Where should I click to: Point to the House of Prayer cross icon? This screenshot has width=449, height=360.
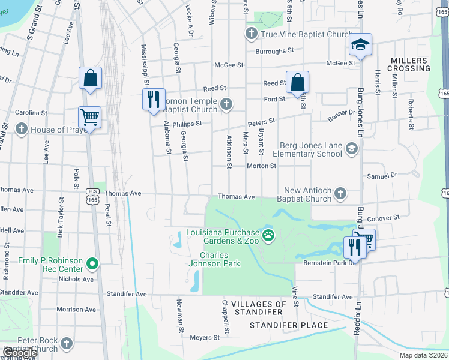point(22,130)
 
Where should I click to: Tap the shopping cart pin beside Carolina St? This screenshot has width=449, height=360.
point(89,118)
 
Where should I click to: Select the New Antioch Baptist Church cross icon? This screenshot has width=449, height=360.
point(340,194)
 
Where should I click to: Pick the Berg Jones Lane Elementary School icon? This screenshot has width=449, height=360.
point(351,149)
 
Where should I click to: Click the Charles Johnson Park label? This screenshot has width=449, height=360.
point(220,259)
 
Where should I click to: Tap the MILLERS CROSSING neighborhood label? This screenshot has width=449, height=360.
point(411,65)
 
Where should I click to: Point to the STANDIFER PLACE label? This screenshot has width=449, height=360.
point(289,325)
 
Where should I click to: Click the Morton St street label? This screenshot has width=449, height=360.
point(261,166)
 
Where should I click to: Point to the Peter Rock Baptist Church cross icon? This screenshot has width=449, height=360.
point(66,344)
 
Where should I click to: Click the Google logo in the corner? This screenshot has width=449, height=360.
point(19,353)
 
